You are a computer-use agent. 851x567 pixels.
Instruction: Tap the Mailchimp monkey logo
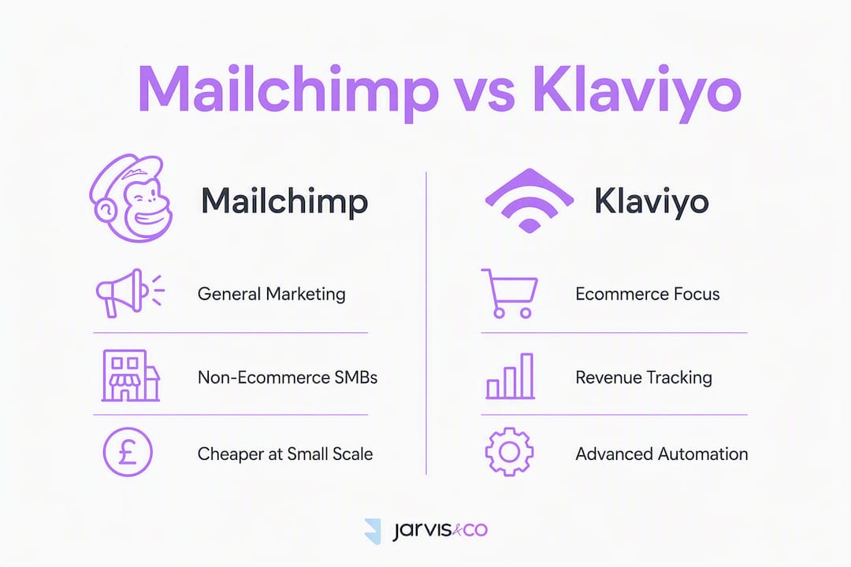click(131, 198)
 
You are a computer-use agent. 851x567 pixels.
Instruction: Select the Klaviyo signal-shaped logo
click(530, 201)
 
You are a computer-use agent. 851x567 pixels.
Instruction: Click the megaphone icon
click(130, 293)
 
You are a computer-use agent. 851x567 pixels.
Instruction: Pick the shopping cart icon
click(509, 293)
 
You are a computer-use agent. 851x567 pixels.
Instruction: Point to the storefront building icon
click(131, 376)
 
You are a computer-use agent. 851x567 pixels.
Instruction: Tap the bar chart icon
click(510, 376)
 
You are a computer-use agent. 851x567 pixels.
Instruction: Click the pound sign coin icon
click(128, 452)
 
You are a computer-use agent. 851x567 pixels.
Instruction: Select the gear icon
click(509, 452)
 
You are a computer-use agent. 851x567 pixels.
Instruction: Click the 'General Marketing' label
click(271, 294)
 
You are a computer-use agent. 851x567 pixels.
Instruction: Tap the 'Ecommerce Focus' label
click(648, 294)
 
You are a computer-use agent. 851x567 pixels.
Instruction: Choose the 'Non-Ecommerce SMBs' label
click(288, 377)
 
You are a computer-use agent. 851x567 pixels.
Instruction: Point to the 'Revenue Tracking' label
click(644, 378)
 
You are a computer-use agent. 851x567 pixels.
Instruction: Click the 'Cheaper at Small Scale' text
click(285, 454)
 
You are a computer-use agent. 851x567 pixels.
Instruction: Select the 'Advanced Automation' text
click(662, 454)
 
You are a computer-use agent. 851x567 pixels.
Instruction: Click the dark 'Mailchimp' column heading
click(285, 202)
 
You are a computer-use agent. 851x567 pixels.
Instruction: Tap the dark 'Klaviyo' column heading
click(652, 202)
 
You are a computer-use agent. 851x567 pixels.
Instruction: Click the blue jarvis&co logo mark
click(373, 532)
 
